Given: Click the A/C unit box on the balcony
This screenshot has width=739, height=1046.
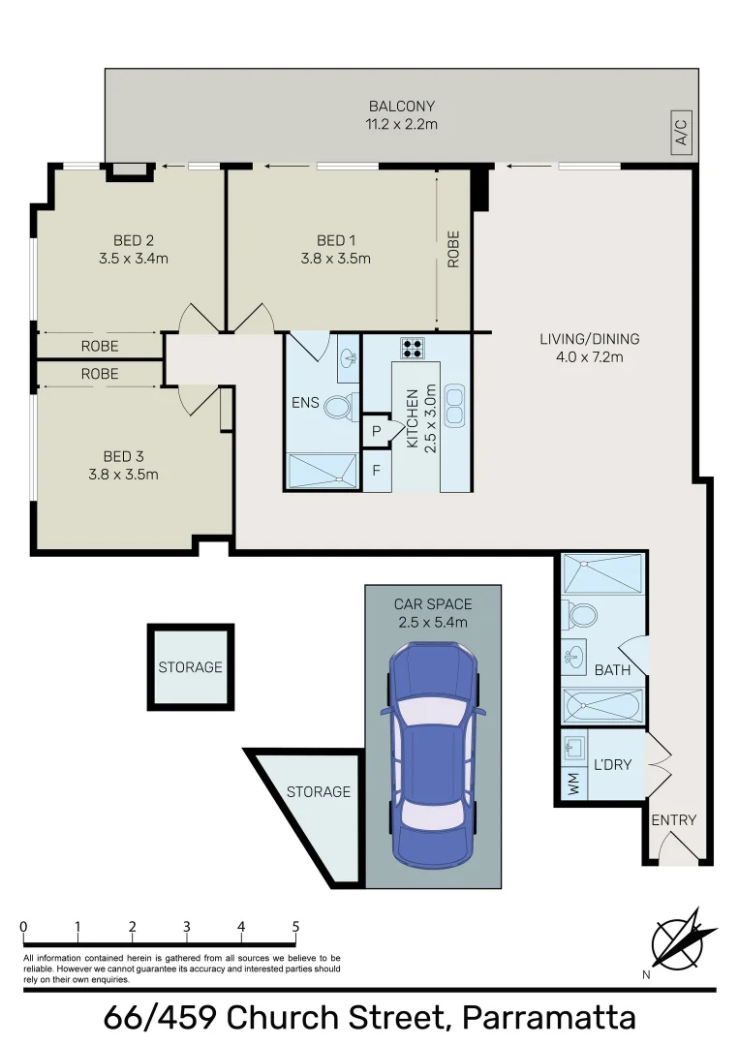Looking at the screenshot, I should point(681,132).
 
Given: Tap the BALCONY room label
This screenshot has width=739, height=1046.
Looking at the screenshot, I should point(401,107).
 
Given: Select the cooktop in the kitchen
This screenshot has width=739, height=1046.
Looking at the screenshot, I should point(414,349).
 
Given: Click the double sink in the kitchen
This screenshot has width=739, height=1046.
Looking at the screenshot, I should point(454,405).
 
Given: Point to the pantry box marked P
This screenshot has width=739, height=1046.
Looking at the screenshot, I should point(376,432).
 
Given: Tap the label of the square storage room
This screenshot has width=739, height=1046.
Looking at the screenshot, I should point(191,667).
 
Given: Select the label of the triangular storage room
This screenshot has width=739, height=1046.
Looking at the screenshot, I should point(318,792).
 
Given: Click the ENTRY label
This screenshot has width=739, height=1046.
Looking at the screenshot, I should point(673,820).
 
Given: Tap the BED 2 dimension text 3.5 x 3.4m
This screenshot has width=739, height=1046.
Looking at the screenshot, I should point(134,259).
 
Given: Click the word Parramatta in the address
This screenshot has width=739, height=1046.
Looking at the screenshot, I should point(549,1018).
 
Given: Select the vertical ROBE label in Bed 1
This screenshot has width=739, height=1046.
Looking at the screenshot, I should point(453,250).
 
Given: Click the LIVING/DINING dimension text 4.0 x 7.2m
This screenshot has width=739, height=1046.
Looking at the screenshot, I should point(589,356).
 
